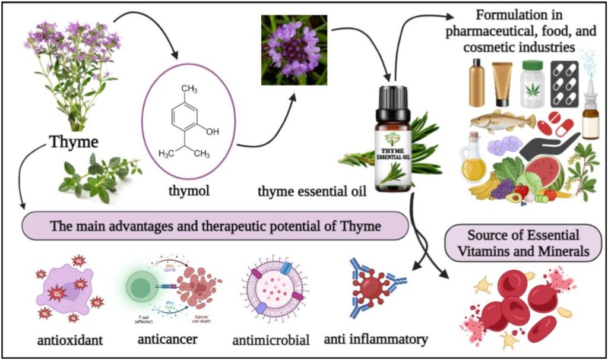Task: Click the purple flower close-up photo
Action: (x=294, y=50)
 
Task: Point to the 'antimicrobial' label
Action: (x=273, y=340)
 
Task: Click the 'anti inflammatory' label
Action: (x=376, y=339)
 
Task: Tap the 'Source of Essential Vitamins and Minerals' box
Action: (x=525, y=242)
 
